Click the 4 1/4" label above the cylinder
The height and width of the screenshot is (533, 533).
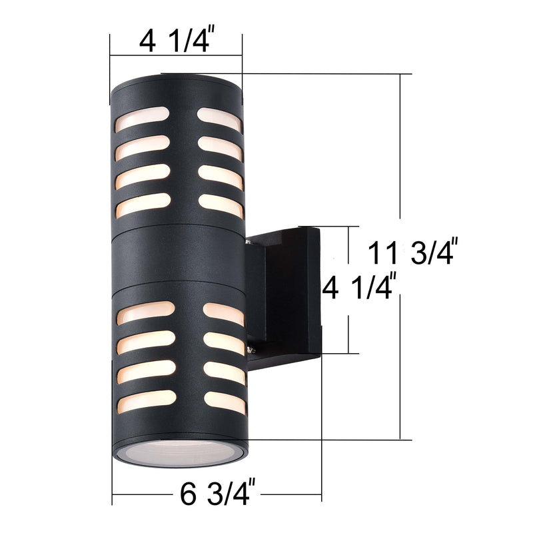point(175,41)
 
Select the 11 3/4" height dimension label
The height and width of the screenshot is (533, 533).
point(412,253)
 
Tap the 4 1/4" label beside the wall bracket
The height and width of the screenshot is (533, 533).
point(360,290)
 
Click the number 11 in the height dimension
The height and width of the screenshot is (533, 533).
point(383,253)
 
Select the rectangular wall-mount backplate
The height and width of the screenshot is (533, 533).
point(293,291)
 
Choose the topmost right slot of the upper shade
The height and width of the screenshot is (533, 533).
point(219,118)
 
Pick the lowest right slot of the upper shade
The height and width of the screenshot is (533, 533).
point(221,206)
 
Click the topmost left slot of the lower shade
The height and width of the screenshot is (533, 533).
point(146,312)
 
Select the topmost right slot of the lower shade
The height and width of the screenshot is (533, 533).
point(223,314)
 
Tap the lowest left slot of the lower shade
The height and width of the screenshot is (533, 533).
point(147,400)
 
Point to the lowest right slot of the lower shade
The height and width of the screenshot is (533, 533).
point(225,401)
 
